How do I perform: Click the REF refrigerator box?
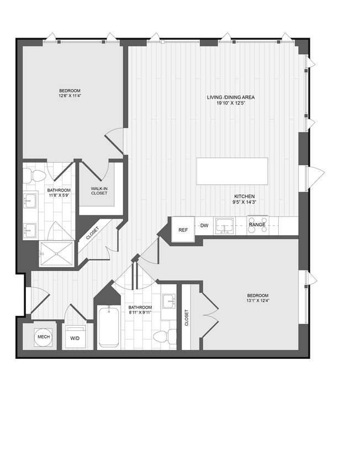(x=182, y=229)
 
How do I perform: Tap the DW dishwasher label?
(x=204, y=225)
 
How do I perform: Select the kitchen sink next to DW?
(x=224, y=225)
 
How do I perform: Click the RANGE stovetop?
(x=257, y=225)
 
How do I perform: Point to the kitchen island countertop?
(x=232, y=171)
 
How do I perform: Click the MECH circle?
(x=43, y=337)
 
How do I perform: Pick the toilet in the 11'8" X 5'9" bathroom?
(x=38, y=177)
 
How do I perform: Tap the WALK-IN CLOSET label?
(x=99, y=191)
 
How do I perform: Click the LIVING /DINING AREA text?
(x=231, y=97)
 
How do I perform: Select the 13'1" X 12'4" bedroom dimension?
(x=257, y=301)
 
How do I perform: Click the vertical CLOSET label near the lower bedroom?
(x=187, y=317)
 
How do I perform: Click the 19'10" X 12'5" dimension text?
(x=231, y=103)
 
